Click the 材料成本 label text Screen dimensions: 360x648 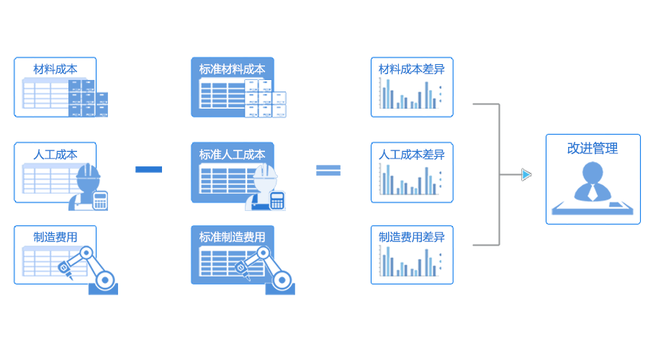click(55, 70)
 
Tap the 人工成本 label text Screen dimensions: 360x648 click(55, 154)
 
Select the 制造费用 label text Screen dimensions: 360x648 click(55, 238)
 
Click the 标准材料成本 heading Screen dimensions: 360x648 click(232, 70)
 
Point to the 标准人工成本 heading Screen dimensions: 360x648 click(232, 154)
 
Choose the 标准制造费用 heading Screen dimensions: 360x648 click(232, 238)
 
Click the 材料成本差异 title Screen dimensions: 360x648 click(412, 70)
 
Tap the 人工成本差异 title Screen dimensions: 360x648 click(412, 154)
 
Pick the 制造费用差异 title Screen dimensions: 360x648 click(412, 238)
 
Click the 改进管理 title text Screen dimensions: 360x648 click(593, 148)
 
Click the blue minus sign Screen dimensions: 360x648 click(148, 169)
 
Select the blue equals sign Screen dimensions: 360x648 click(328, 170)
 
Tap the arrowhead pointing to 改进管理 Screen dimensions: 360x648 click(526, 174)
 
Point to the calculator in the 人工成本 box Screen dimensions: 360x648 click(100, 200)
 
